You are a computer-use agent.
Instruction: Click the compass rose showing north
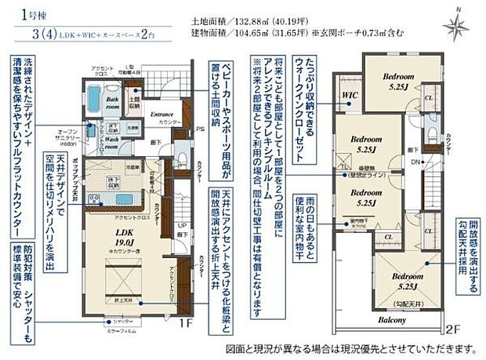coord(455,26)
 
